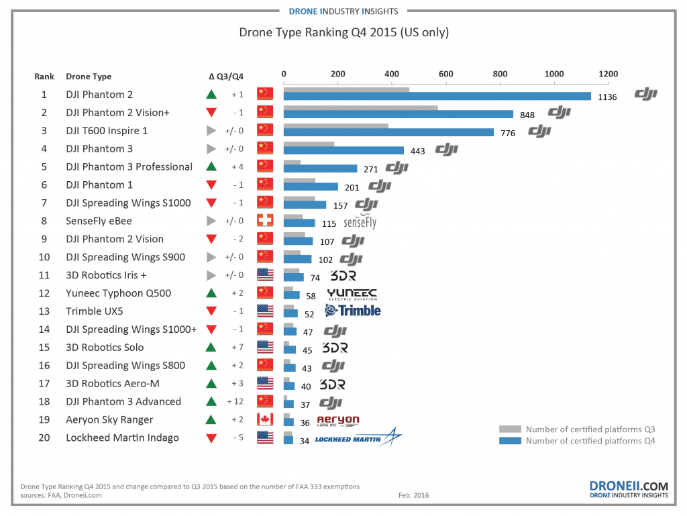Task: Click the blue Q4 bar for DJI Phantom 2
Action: pyautogui.click(x=437, y=96)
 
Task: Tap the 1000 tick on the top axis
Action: pyautogui.click(x=553, y=74)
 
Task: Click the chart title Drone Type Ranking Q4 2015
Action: pyautogui.click(x=343, y=32)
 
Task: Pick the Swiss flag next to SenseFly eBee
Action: pyautogui.click(x=266, y=221)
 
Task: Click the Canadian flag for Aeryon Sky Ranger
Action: pyautogui.click(x=266, y=420)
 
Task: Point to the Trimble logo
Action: pyautogui.click(x=352, y=311)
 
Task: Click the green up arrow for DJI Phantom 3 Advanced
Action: pyautogui.click(x=211, y=402)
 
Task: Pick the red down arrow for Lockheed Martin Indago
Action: pyautogui.click(x=211, y=438)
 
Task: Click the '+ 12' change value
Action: pyautogui.click(x=234, y=402)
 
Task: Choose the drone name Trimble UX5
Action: pyautogui.click(x=95, y=311)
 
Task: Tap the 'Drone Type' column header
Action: pyautogui.click(x=89, y=76)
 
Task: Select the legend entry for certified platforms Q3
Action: pyautogui.click(x=577, y=429)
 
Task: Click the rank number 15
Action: pyautogui.click(x=44, y=348)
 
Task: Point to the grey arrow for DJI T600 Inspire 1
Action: pyautogui.click(x=211, y=131)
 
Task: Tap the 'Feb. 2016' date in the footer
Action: pyautogui.click(x=414, y=496)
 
